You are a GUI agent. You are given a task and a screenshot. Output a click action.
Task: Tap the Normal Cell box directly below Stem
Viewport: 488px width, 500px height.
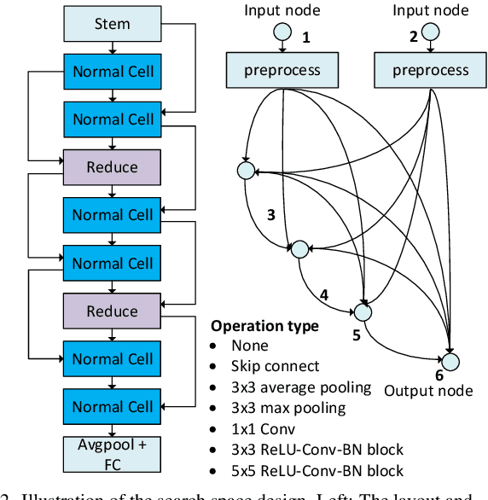(112, 72)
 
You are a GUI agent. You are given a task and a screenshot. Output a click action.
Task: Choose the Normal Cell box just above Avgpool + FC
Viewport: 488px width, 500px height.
(112, 408)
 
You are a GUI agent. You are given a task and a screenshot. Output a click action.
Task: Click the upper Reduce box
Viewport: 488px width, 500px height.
(112, 167)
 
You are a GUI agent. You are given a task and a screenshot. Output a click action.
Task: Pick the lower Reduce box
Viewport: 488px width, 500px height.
(112, 311)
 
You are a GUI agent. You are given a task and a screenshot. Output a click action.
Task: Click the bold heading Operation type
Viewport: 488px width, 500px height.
(265, 326)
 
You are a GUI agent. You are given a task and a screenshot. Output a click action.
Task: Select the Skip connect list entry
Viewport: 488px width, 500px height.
(276, 366)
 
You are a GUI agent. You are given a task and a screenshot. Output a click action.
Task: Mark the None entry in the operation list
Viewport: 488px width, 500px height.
(250, 346)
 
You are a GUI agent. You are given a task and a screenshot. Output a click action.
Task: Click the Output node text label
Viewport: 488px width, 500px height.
(428, 391)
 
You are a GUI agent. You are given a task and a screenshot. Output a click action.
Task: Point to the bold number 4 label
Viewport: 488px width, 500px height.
(323, 295)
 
